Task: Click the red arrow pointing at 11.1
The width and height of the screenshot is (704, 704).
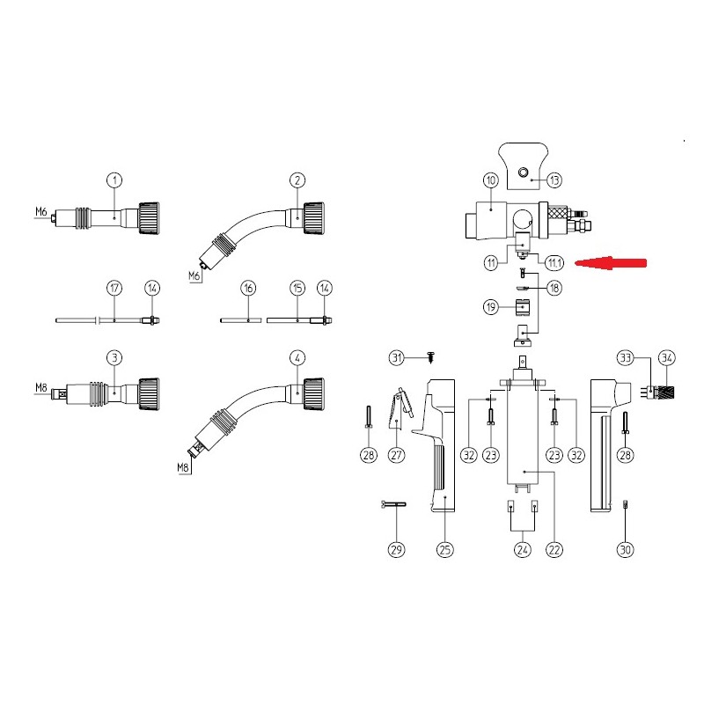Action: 609,261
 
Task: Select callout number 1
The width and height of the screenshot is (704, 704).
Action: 114,180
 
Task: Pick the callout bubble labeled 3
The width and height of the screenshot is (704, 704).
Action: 114,357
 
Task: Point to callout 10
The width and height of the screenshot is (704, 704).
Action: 491,180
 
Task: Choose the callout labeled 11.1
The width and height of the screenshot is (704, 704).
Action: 554,262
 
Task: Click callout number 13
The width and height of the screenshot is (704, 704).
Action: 554,180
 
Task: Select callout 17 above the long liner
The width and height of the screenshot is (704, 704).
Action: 114,288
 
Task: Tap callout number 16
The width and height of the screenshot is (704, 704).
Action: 249,288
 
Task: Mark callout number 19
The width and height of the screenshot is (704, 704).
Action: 491,307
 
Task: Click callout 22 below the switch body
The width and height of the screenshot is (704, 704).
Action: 554,549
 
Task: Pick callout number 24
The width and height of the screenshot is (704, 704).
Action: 523,549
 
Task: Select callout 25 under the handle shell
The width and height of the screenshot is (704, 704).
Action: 445,549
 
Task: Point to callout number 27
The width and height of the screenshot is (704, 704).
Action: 396,454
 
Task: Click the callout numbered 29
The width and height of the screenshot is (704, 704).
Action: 396,549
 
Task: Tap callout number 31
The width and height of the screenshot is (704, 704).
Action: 396,356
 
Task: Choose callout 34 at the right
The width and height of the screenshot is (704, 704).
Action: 666,357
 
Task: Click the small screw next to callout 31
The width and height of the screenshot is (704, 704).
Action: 430,356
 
